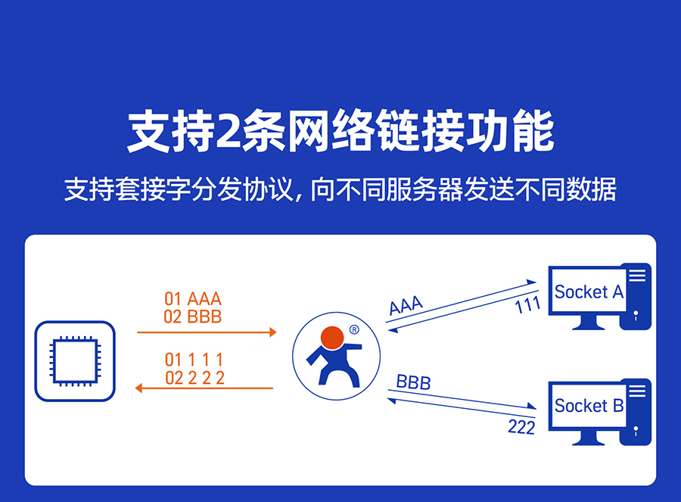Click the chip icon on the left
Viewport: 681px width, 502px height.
click(75, 360)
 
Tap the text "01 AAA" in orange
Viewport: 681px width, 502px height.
click(193, 298)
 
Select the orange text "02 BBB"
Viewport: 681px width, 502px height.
click(193, 316)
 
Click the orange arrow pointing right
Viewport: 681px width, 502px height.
click(206, 332)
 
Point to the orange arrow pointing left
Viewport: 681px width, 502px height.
click(203, 388)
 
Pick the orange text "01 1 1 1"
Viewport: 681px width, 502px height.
click(194, 360)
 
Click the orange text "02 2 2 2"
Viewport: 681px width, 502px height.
click(194, 377)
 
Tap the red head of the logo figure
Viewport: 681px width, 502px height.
click(332, 336)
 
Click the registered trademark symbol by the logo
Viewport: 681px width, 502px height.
click(354, 329)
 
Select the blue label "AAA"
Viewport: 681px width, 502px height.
click(406, 305)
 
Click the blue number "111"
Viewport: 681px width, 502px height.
click(527, 304)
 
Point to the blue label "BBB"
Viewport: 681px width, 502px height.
click(413, 382)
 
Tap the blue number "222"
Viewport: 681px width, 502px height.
click(521, 427)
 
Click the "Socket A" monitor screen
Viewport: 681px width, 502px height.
click(589, 292)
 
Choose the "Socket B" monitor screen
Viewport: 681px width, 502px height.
click(589, 406)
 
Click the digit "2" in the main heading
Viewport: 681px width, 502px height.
click(226, 133)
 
